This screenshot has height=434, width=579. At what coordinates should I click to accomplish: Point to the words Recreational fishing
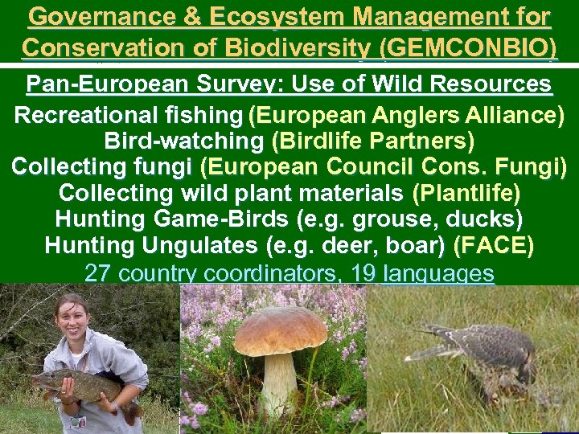tap(128, 115)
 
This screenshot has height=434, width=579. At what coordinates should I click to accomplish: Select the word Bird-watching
tap(184, 141)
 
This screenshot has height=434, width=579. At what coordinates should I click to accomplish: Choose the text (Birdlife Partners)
tap(373, 141)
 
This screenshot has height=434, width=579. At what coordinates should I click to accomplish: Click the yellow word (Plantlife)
tap(466, 193)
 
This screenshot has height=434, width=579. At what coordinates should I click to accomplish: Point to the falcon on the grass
tap(482, 354)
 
